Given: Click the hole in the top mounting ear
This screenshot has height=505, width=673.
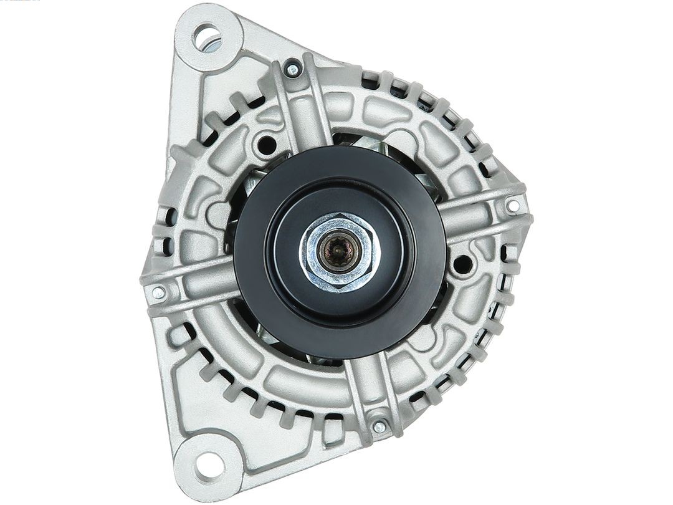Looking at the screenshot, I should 207,37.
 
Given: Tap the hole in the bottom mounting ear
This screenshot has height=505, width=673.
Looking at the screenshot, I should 208,464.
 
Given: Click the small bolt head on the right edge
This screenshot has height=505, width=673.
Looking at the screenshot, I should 513,205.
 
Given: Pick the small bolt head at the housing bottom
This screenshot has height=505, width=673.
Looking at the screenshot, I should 379,427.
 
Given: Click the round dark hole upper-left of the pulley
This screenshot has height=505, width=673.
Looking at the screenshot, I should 267,145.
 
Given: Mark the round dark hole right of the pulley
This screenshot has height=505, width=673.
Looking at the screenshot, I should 462,264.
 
